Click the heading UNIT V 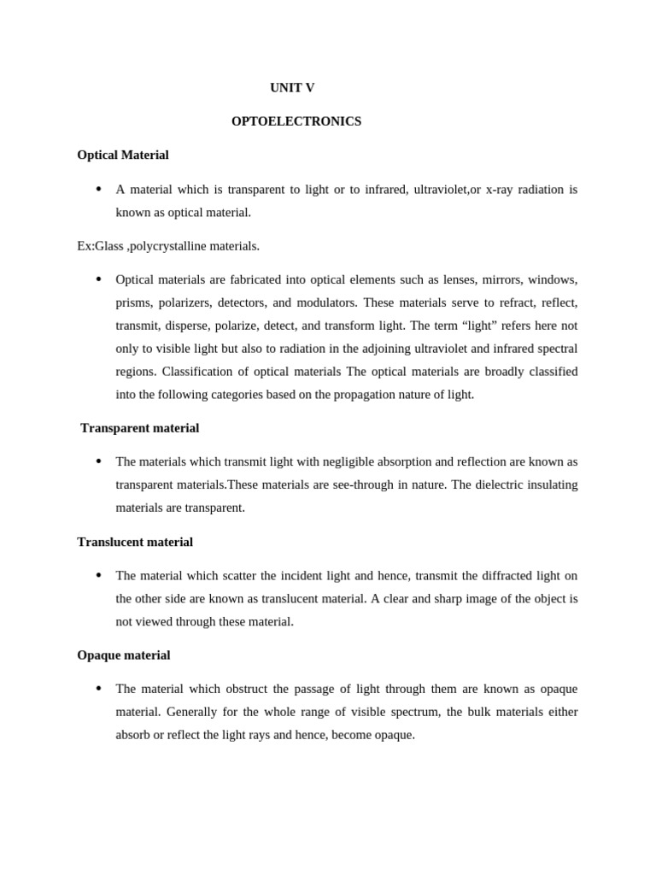[292, 88]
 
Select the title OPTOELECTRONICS [296, 121]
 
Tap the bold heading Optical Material [123, 155]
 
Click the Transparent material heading [139, 428]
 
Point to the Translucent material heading [135, 542]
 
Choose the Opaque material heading [124, 655]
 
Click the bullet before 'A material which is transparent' [99, 189]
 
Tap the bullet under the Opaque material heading [99, 689]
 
